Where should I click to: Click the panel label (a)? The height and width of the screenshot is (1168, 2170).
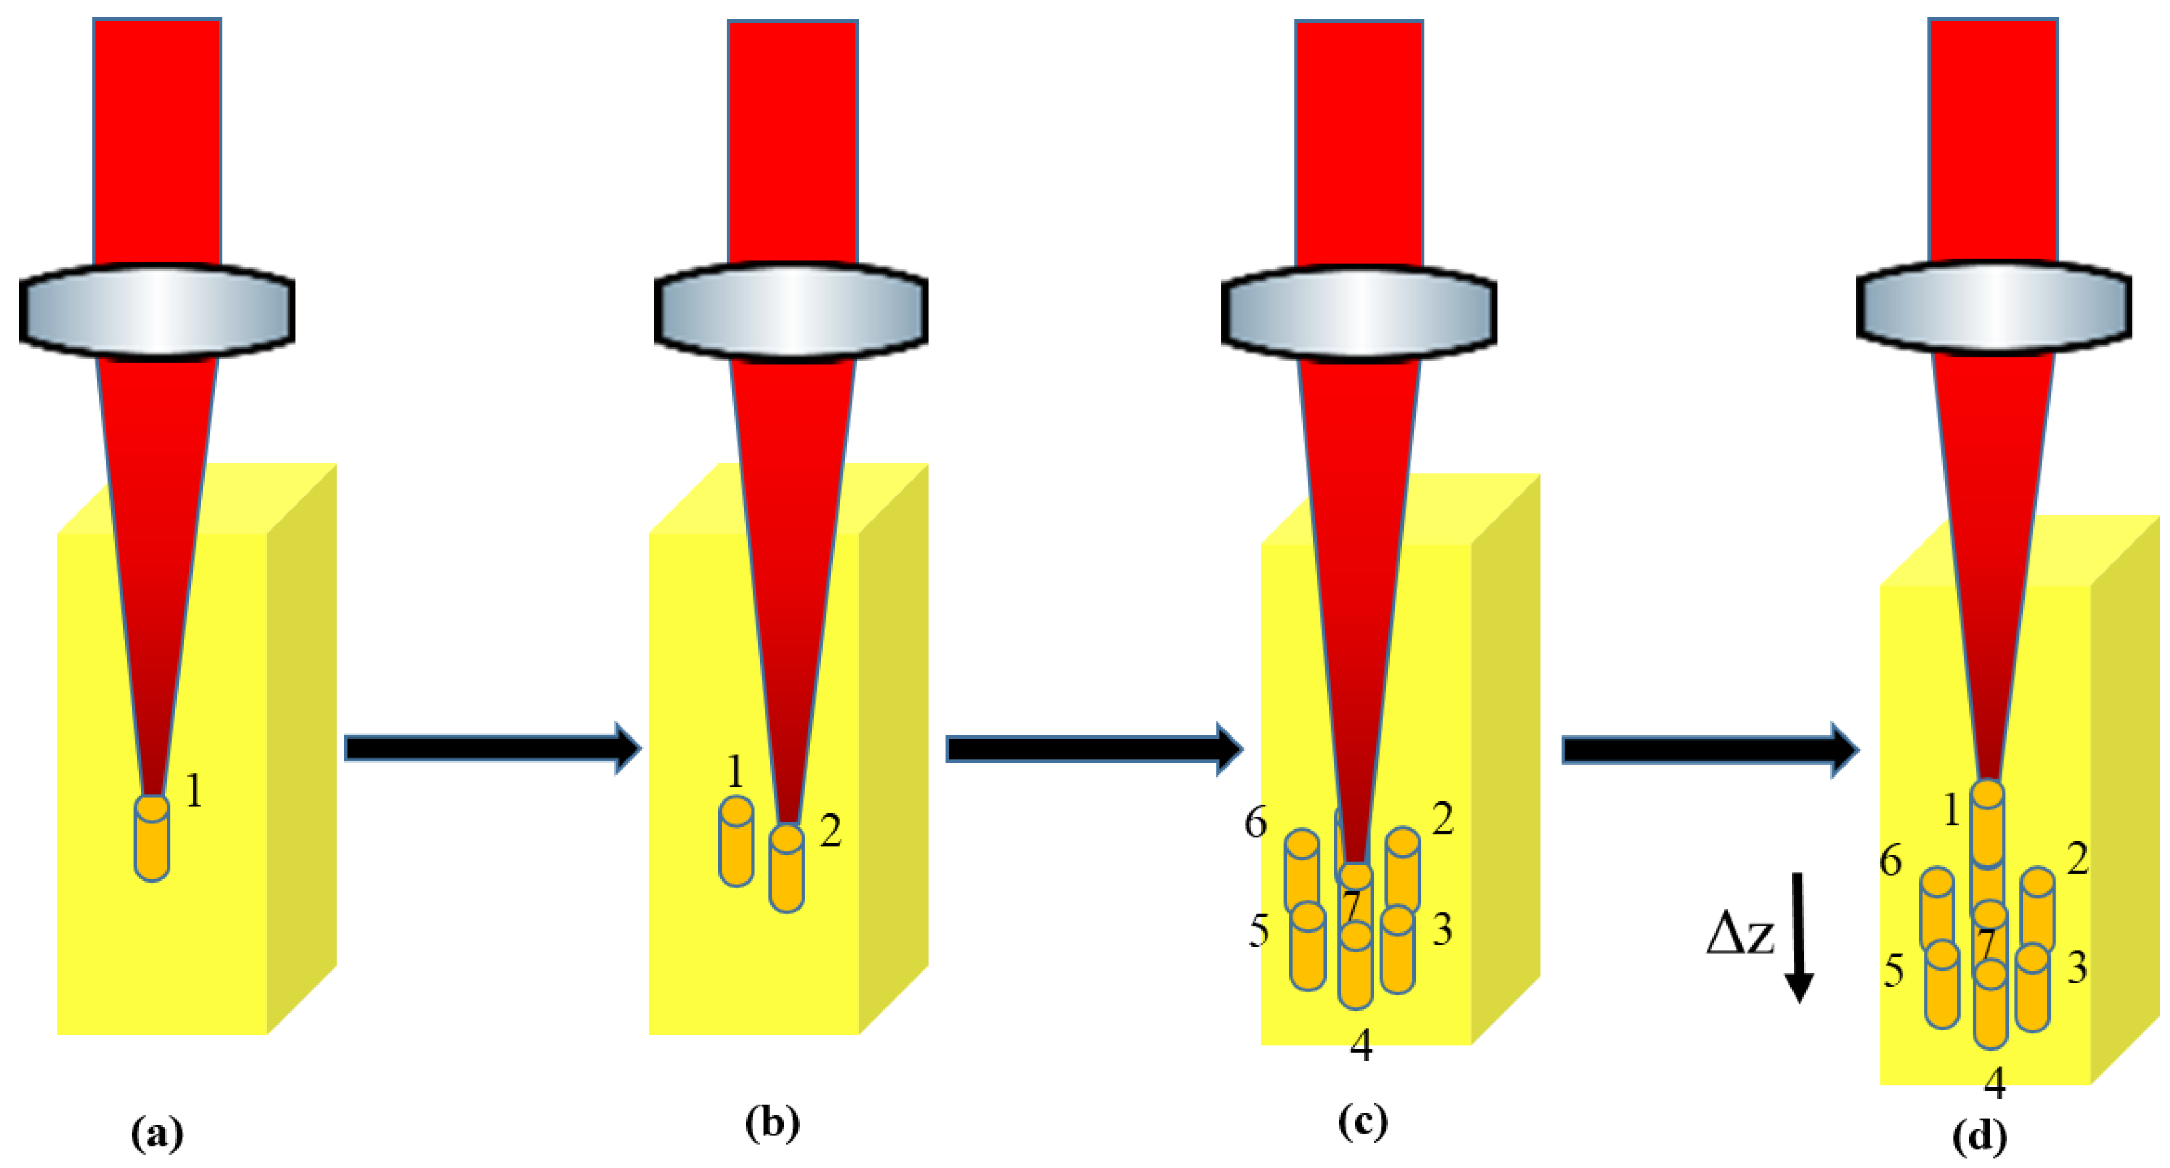click(x=157, y=1133)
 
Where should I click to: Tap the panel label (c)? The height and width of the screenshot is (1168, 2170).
click(x=1362, y=1121)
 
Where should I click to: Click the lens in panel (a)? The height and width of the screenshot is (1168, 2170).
click(x=157, y=309)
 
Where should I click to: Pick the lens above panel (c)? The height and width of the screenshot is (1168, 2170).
click(x=1359, y=311)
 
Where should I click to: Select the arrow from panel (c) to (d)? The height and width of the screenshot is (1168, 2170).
click(x=1710, y=749)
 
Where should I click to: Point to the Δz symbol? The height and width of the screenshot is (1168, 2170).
click(x=1740, y=935)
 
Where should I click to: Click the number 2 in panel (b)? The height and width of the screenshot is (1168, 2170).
click(x=831, y=831)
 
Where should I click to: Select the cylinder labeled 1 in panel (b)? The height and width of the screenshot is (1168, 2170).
click(x=736, y=841)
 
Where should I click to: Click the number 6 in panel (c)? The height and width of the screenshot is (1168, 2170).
click(x=1255, y=822)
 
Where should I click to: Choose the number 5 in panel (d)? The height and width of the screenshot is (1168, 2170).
click(x=1894, y=971)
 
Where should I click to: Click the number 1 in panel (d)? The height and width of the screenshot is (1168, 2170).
click(x=1951, y=811)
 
